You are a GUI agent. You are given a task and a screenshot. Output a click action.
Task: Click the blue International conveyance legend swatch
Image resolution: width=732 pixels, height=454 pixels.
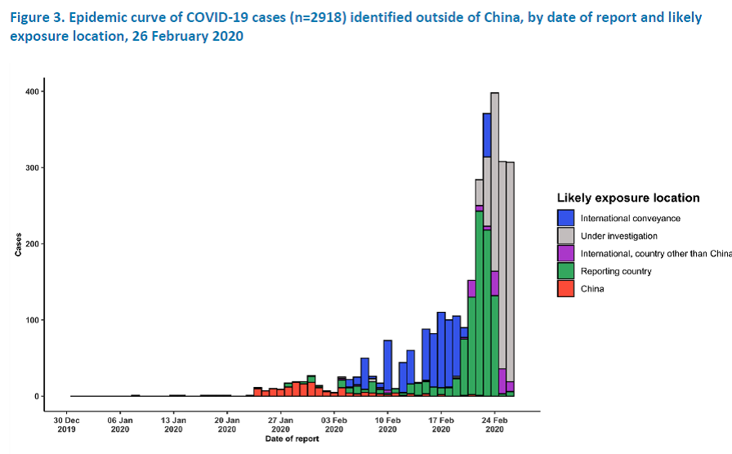pyautogui.click(x=566, y=218)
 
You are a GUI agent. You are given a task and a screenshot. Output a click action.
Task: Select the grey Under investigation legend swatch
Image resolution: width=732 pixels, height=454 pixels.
pyautogui.click(x=566, y=235)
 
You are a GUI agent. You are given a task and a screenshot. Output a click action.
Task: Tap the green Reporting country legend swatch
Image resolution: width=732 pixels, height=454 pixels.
pyautogui.click(x=566, y=270)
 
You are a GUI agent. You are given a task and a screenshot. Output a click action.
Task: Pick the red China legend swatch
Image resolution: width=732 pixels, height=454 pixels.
pyautogui.click(x=566, y=288)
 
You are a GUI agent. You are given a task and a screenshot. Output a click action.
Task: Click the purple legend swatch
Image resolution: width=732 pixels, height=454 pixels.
pyautogui.click(x=566, y=253)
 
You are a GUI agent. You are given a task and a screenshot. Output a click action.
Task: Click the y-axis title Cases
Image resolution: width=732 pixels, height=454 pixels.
pyautogui.click(x=18, y=243)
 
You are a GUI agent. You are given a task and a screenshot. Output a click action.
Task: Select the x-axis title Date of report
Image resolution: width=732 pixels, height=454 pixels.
pyautogui.click(x=292, y=438)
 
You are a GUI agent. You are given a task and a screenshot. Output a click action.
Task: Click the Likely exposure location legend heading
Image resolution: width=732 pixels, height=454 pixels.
pyautogui.click(x=627, y=198)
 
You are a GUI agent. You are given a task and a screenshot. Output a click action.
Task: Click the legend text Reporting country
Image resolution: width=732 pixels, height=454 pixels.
pyautogui.click(x=616, y=271)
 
